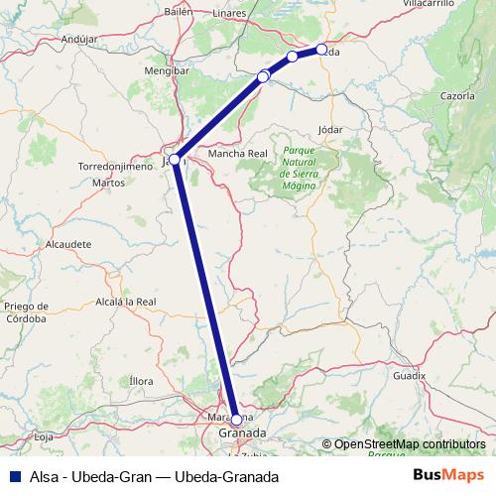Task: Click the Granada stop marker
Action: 236,420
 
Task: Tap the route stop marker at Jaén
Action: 175,159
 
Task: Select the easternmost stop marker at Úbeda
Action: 321,50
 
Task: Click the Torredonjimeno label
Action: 114,168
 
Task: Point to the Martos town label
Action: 108,184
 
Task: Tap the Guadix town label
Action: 408,377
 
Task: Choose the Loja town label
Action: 43,436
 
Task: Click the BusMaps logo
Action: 447,475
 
